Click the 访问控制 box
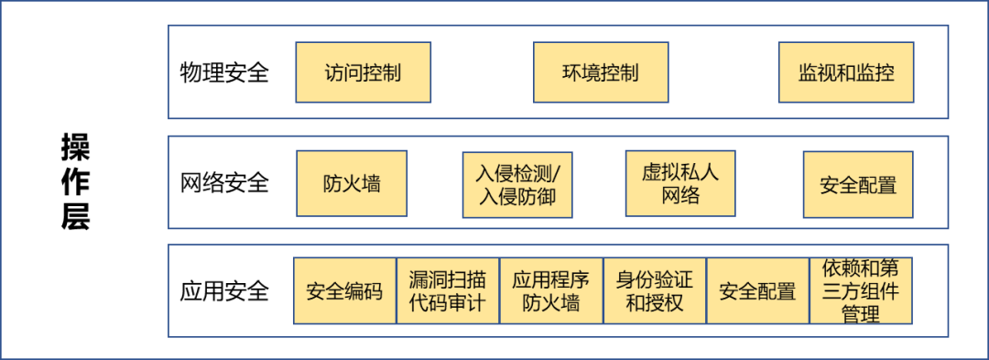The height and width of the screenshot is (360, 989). (x=363, y=72)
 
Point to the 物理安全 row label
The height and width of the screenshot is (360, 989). (x=224, y=72)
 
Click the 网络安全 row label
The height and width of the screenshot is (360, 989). (x=224, y=182)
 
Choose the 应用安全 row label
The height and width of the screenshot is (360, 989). (x=224, y=291)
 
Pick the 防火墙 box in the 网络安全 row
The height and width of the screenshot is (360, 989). (x=352, y=184)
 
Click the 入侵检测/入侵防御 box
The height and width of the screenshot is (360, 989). (x=517, y=184)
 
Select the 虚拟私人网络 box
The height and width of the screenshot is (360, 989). (x=680, y=183)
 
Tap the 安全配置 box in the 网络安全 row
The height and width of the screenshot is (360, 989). (x=858, y=184)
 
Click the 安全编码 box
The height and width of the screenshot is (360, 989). (x=344, y=291)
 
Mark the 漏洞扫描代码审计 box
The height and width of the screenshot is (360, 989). (x=447, y=291)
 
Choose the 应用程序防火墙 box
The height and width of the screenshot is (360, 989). (x=550, y=291)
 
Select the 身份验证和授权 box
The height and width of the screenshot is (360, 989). (x=654, y=291)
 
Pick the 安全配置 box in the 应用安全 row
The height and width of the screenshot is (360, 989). (x=757, y=291)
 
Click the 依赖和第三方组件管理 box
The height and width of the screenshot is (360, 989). (x=861, y=291)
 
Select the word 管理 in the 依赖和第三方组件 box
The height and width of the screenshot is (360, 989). (x=860, y=314)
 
